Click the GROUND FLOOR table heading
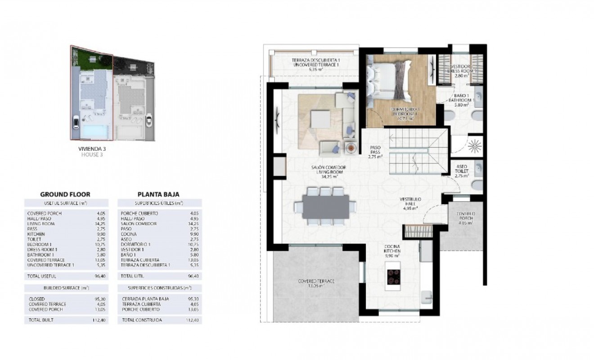pyautogui.click(x=65, y=194)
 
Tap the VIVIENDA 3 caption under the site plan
pyautogui.click(x=92, y=148)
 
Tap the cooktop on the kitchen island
pyautogui.click(x=393, y=277)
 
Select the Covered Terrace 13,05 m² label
pyautogui.click(x=316, y=283)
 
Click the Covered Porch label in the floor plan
pyautogui.click(x=466, y=218)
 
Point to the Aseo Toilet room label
pyautogui.click(x=462, y=171)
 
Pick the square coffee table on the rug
pyautogui.click(x=320, y=118)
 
